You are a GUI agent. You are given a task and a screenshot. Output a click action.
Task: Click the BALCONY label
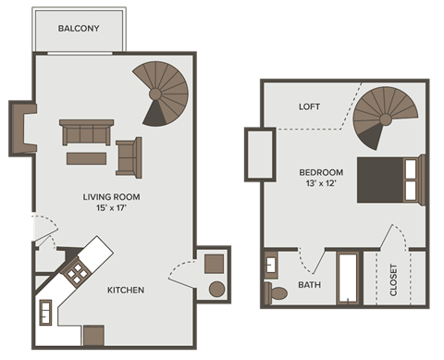tap(79, 29)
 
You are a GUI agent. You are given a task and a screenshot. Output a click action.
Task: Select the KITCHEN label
tap(126, 290)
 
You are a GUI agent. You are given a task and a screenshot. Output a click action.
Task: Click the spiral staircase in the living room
tap(161, 93)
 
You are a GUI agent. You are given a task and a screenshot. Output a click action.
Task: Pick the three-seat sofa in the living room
tap(85, 134)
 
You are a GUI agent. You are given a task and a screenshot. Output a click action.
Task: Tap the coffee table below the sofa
tap(88, 158)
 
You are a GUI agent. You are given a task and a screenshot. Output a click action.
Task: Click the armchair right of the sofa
tap(129, 155)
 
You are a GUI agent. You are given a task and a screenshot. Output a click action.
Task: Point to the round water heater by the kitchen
tap(217, 289)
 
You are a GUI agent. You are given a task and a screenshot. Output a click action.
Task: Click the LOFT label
tap(309, 106)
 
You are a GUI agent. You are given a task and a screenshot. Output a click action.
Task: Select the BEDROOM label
tap(321, 172)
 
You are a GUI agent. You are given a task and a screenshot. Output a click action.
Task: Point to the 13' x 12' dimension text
tap(321, 184)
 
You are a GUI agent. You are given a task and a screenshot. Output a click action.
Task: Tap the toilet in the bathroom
tap(277, 292)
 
